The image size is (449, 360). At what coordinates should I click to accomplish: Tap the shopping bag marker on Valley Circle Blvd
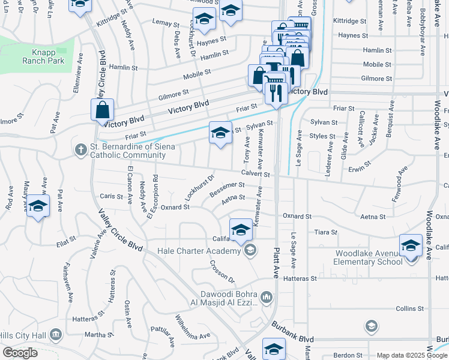(x=102, y=110)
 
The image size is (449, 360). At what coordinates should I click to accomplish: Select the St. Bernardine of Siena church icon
(x=80, y=149)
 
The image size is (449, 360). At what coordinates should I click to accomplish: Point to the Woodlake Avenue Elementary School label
(x=369, y=257)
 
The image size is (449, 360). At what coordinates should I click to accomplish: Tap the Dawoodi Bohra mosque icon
(x=267, y=296)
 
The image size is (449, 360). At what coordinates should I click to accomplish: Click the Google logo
(x=20, y=353)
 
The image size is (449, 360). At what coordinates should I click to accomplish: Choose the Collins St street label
(x=410, y=308)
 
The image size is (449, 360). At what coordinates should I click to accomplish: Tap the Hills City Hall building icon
(x=56, y=334)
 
